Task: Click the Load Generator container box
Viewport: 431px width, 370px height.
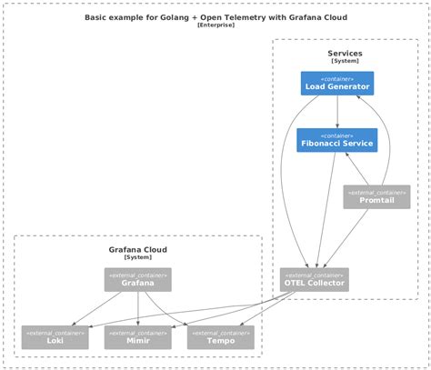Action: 336,84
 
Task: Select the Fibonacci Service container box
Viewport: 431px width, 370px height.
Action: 336,140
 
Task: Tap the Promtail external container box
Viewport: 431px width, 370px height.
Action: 376,196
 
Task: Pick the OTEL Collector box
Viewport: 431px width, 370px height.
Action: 314,280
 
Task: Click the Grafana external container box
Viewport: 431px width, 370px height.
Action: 137,280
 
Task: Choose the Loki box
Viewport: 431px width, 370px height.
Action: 55,337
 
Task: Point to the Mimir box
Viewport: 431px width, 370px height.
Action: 137,337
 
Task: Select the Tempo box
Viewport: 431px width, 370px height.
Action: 220,337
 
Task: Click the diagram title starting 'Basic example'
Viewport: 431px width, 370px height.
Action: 215,16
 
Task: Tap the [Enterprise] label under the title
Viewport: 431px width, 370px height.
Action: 215,25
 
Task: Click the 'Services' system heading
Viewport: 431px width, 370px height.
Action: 345,54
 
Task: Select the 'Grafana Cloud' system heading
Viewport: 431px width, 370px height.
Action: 137,249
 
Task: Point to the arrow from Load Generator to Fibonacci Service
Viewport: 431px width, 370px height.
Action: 337,112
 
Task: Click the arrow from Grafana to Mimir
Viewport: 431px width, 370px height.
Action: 137,308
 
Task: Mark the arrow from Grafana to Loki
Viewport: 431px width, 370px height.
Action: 96,309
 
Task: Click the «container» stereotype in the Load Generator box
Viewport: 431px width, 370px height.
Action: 336,78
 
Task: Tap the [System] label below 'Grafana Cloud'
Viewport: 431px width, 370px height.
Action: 137,257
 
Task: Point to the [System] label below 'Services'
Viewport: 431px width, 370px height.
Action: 345,62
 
